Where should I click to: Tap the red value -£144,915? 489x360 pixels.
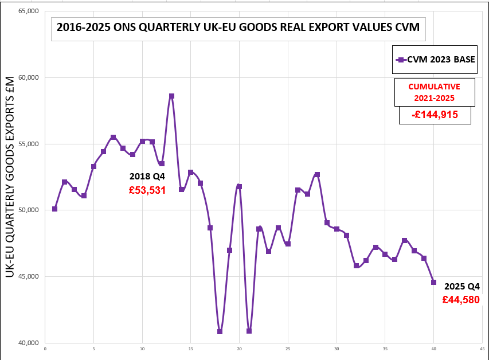point(435,115)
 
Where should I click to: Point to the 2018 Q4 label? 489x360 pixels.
point(147,176)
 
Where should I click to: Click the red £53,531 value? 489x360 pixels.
point(147,190)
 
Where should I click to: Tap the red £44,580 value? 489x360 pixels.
point(460,299)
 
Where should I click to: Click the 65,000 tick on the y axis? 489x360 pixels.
point(25,11)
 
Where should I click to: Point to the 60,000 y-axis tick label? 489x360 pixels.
point(25,77)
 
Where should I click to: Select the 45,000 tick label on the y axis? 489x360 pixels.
point(25,276)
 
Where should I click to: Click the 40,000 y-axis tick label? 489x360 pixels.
point(25,343)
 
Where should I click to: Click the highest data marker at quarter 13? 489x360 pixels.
point(171,96)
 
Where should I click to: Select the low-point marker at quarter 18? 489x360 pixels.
point(220,331)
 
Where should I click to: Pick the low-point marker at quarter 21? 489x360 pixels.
point(249,331)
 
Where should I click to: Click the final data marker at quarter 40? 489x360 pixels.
point(433,282)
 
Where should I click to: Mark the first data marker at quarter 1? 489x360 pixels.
point(54,209)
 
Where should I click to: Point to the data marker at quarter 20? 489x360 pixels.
point(239,186)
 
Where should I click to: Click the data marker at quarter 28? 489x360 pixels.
point(317,174)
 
